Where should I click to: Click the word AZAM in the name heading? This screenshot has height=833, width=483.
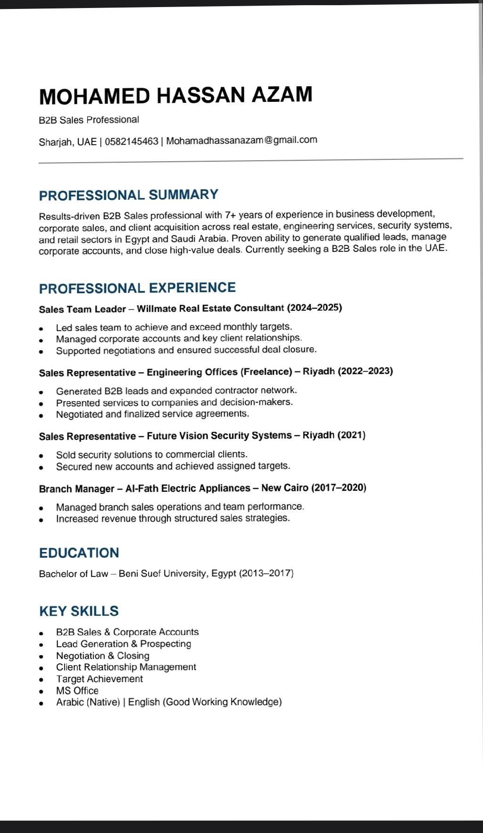click(x=282, y=94)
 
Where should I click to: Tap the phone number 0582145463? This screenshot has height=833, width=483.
click(x=132, y=141)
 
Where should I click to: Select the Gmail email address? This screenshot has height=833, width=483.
click(x=241, y=140)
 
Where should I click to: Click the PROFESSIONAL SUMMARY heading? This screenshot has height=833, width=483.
click(x=128, y=195)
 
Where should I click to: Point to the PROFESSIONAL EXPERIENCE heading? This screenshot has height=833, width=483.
click(x=137, y=288)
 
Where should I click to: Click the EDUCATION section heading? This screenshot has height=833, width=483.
click(x=79, y=553)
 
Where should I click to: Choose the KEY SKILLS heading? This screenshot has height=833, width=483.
click(x=79, y=611)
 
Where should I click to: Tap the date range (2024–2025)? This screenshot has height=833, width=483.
click(x=315, y=308)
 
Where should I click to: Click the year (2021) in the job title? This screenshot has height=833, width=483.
click(x=351, y=435)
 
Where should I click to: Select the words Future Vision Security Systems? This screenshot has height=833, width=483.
click(x=219, y=436)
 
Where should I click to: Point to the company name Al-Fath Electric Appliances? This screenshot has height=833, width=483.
click(x=188, y=488)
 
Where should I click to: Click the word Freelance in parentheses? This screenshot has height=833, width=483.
click(x=266, y=371)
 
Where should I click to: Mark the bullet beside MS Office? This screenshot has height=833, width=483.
click(x=42, y=692)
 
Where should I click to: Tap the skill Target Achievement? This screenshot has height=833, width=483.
click(x=99, y=679)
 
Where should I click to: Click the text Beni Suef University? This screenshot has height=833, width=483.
click(x=163, y=574)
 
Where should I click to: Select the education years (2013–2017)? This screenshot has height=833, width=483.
click(x=266, y=573)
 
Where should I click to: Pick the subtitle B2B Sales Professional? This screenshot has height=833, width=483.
click(x=89, y=120)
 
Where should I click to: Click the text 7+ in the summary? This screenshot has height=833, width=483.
click(x=230, y=215)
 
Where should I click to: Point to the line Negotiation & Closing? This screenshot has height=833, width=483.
click(x=102, y=656)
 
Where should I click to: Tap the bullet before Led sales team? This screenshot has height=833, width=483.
click(x=42, y=328)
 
